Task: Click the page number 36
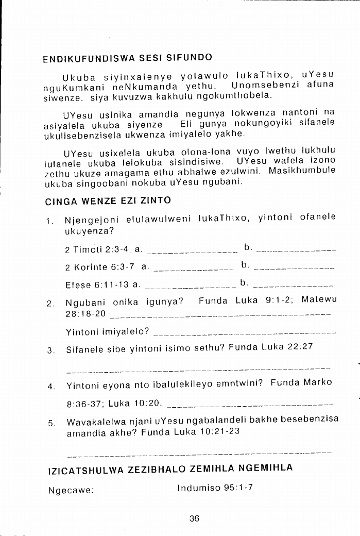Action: pyautogui.click(x=194, y=519)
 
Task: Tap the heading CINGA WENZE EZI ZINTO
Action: pyautogui.click(x=108, y=200)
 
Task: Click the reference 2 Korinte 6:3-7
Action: pyautogui.click(x=101, y=267)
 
